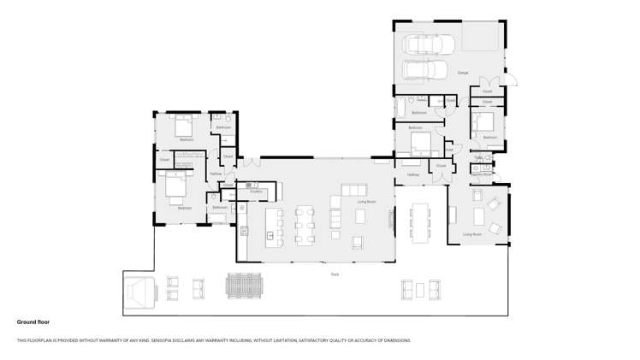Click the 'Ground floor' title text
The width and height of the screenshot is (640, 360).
click(x=35, y=322)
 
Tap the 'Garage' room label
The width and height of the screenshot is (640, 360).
click(x=463, y=73)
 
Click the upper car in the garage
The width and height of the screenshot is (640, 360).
click(x=424, y=44)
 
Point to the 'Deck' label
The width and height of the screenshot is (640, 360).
click(x=335, y=274)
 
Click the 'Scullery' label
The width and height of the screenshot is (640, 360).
click(x=256, y=192)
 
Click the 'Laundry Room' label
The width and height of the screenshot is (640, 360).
click(x=482, y=174)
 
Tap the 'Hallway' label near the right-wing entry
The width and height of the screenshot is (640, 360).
click(x=413, y=174)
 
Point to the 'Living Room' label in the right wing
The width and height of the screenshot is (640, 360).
click(x=472, y=233)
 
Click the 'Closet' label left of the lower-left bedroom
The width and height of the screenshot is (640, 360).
click(x=163, y=159)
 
